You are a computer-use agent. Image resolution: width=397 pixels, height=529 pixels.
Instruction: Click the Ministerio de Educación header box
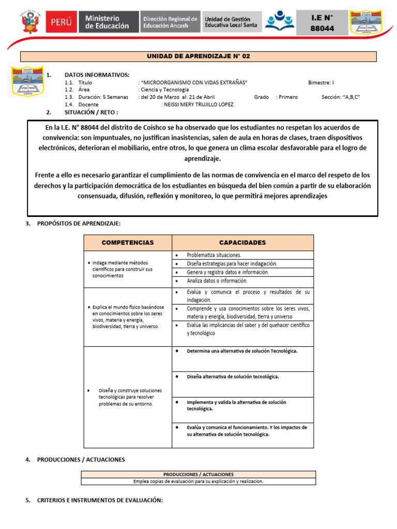click(108, 22)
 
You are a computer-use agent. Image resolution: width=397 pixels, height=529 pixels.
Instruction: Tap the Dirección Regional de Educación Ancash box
click(170, 22)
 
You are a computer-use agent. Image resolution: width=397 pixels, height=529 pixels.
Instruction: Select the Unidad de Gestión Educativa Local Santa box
click(231, 22)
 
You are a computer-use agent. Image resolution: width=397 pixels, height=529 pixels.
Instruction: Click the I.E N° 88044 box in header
click(322, 23)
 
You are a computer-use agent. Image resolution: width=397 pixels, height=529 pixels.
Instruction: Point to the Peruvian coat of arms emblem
click(26, 22)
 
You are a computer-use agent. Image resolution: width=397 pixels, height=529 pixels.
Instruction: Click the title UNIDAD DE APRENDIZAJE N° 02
click(198, 56)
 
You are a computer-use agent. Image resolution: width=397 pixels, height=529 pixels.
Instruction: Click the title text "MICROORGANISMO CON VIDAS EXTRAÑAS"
click(193, 83)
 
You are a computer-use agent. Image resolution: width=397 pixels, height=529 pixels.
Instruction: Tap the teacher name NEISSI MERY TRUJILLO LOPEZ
click(197, 104)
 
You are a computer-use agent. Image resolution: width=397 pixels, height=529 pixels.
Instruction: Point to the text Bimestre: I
click(320, 83)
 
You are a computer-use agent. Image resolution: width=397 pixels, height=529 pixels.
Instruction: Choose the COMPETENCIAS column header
click(128, 242)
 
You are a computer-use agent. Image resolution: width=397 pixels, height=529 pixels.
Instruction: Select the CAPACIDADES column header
click(242, 242)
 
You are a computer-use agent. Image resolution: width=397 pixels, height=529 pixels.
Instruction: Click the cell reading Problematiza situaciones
click(213, 255)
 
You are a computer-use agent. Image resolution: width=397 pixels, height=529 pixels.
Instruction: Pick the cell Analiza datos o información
click(217, 281)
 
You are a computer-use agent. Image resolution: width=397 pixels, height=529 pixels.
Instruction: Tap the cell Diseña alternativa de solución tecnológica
click(233, 377)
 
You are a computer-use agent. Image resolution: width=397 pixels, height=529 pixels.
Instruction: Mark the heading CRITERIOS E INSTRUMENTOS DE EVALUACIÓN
click(100, 500)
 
